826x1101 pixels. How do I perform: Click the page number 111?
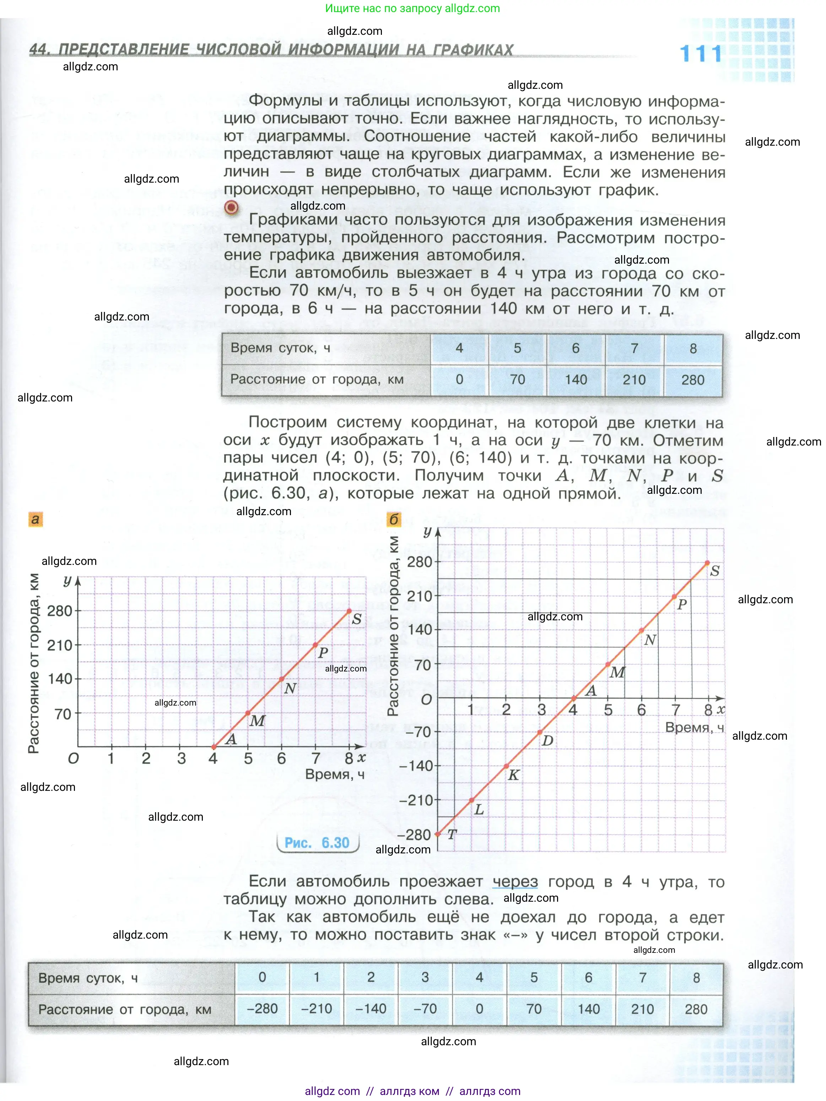coord(701,54)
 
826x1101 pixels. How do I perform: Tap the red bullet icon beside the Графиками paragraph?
coord(231,207)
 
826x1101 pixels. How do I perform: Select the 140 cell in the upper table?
coord(576,380)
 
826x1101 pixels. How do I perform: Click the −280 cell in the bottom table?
coord(262,1008)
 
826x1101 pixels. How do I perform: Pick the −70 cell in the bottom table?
coord(425,1008)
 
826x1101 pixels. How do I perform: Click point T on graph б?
coord(438,834)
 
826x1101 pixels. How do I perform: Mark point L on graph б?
coord(472,800)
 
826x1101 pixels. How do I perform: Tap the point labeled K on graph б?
coord(506,766)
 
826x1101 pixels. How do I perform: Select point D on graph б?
coord(540,732)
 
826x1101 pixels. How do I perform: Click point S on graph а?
coord(349,611)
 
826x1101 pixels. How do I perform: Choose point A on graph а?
coord(214,746)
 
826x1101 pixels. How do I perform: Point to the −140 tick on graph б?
coord(416,766)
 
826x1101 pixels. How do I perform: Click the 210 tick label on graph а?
coord(60,646)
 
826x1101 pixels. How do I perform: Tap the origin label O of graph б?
coord(426,699)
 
